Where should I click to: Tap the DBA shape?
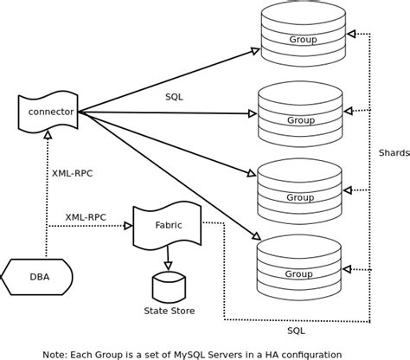[39, 277]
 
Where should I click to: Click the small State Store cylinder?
[169, 286]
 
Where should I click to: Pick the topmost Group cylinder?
[302, 36]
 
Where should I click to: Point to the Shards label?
[394, 153]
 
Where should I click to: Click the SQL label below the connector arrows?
[174, 97]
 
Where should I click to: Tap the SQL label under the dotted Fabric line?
[296, 331]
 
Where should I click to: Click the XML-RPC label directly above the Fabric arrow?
[86, 216]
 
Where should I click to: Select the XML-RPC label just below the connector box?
[72, 173]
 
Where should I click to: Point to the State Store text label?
[169, 311]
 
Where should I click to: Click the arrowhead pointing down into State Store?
[168, 266]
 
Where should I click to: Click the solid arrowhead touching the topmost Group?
[255, 52]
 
